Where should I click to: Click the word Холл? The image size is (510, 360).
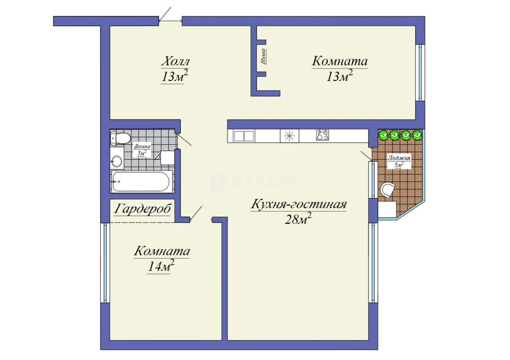point(175,62)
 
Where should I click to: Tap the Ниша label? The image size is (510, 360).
point(264,56)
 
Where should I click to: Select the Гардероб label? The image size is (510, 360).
point(142,209)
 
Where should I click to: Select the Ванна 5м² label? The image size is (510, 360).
point(142,150)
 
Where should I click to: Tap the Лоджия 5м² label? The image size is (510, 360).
point(399,161)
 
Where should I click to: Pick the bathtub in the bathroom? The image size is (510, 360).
point(142,181)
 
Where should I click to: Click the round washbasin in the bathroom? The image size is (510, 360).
point(117,161)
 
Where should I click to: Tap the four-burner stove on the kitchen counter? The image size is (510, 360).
point(323,135)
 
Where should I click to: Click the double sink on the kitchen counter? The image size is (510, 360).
point(244,135)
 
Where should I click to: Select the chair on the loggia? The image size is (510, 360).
point(388,190)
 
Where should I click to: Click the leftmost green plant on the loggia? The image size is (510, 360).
point(383,135)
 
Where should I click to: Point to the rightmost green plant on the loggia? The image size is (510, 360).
point(417,135)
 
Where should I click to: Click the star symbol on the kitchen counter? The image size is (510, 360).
point(289,135)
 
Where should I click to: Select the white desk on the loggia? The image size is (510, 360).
point(387,210)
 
